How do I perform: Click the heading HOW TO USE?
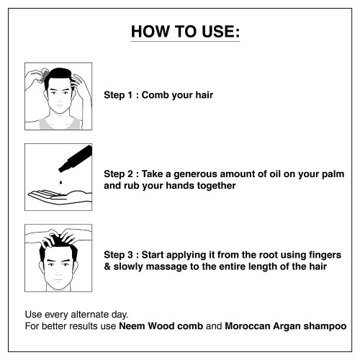pos(185,32)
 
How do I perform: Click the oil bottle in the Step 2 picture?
pos(76,158)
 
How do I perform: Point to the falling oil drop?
pos(61,182)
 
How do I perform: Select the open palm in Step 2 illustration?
pos(60,197)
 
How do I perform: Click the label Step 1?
pos(118,95)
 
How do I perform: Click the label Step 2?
pos(118,174)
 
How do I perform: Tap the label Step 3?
pos(118,255)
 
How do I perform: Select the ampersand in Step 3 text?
pos(107,266)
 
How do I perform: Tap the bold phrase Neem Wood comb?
pos(161,326)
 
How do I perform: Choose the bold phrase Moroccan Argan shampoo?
pos(286,326)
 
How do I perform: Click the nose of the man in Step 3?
pos(58,271)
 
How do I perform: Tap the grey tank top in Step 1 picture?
pos(59,123)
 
